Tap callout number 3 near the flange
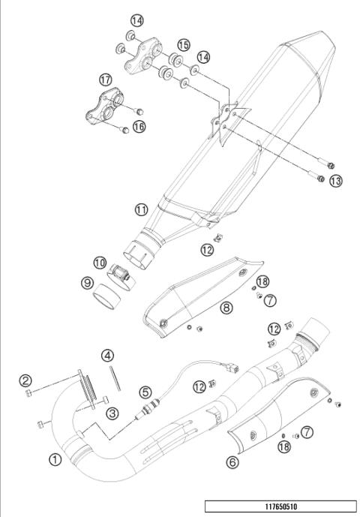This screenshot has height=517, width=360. pos(112,412)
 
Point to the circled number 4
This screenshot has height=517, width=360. pos(108,354)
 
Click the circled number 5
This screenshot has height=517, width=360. pos(145,391)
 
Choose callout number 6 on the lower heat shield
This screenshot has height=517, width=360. pos(232,461)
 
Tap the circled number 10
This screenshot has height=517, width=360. pos(100,262)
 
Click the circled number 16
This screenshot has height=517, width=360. pos(139,128)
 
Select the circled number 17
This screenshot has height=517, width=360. pos(105,79)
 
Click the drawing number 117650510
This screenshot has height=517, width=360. pos(279,506)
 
